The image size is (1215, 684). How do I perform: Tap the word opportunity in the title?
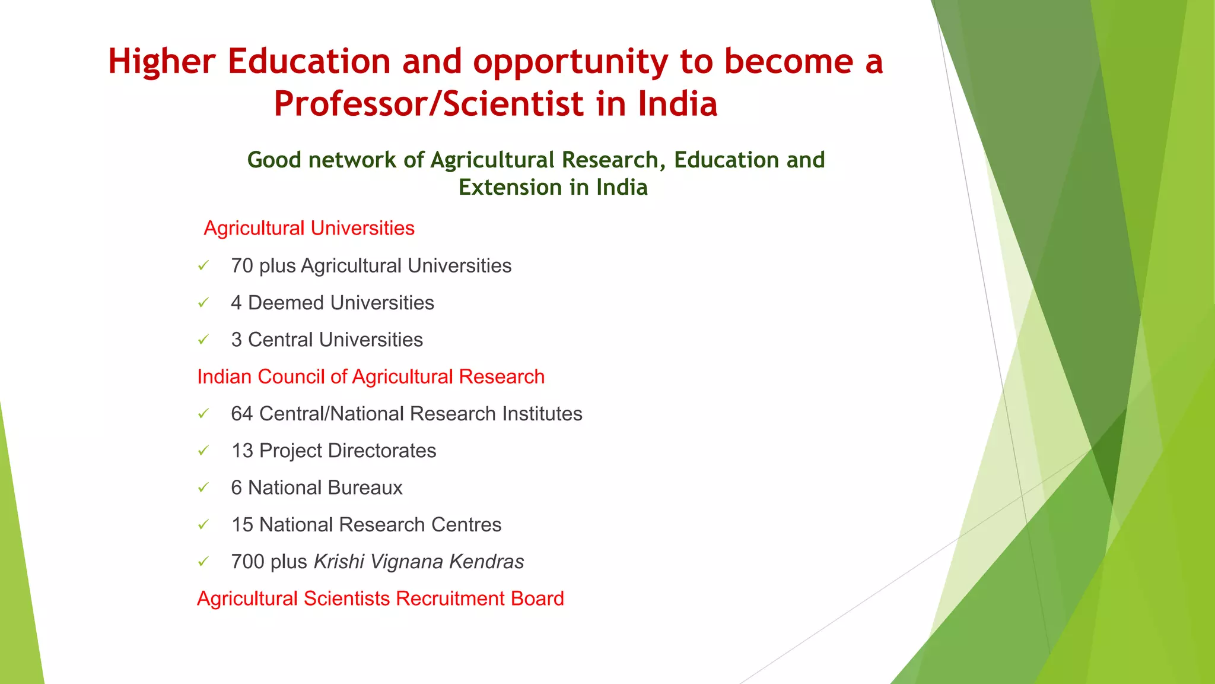[x=570, y=62]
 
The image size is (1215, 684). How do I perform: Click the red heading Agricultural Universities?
[x=308, y=229]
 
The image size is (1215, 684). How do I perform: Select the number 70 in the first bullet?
[x=242, y=266]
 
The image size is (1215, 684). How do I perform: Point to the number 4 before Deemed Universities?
[x=236, y=303]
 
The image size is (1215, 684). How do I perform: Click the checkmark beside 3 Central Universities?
[x=203, y=340]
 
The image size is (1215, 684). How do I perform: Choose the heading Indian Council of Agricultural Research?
[x=371, y=377]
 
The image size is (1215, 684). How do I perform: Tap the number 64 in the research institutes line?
[x=242, y=414]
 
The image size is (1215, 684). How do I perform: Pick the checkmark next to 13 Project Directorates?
[x=203, y=451]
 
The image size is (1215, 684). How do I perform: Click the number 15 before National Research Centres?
[x=242, y=525]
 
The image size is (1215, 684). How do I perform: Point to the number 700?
[x=247, y=562]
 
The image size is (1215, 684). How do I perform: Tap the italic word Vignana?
[x=407, y=562]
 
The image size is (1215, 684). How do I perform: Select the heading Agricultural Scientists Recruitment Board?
[x=380, y=598]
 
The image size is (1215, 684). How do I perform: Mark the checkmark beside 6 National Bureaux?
[x=203, y=488]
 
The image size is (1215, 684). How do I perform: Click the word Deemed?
[x=281, y=303]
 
